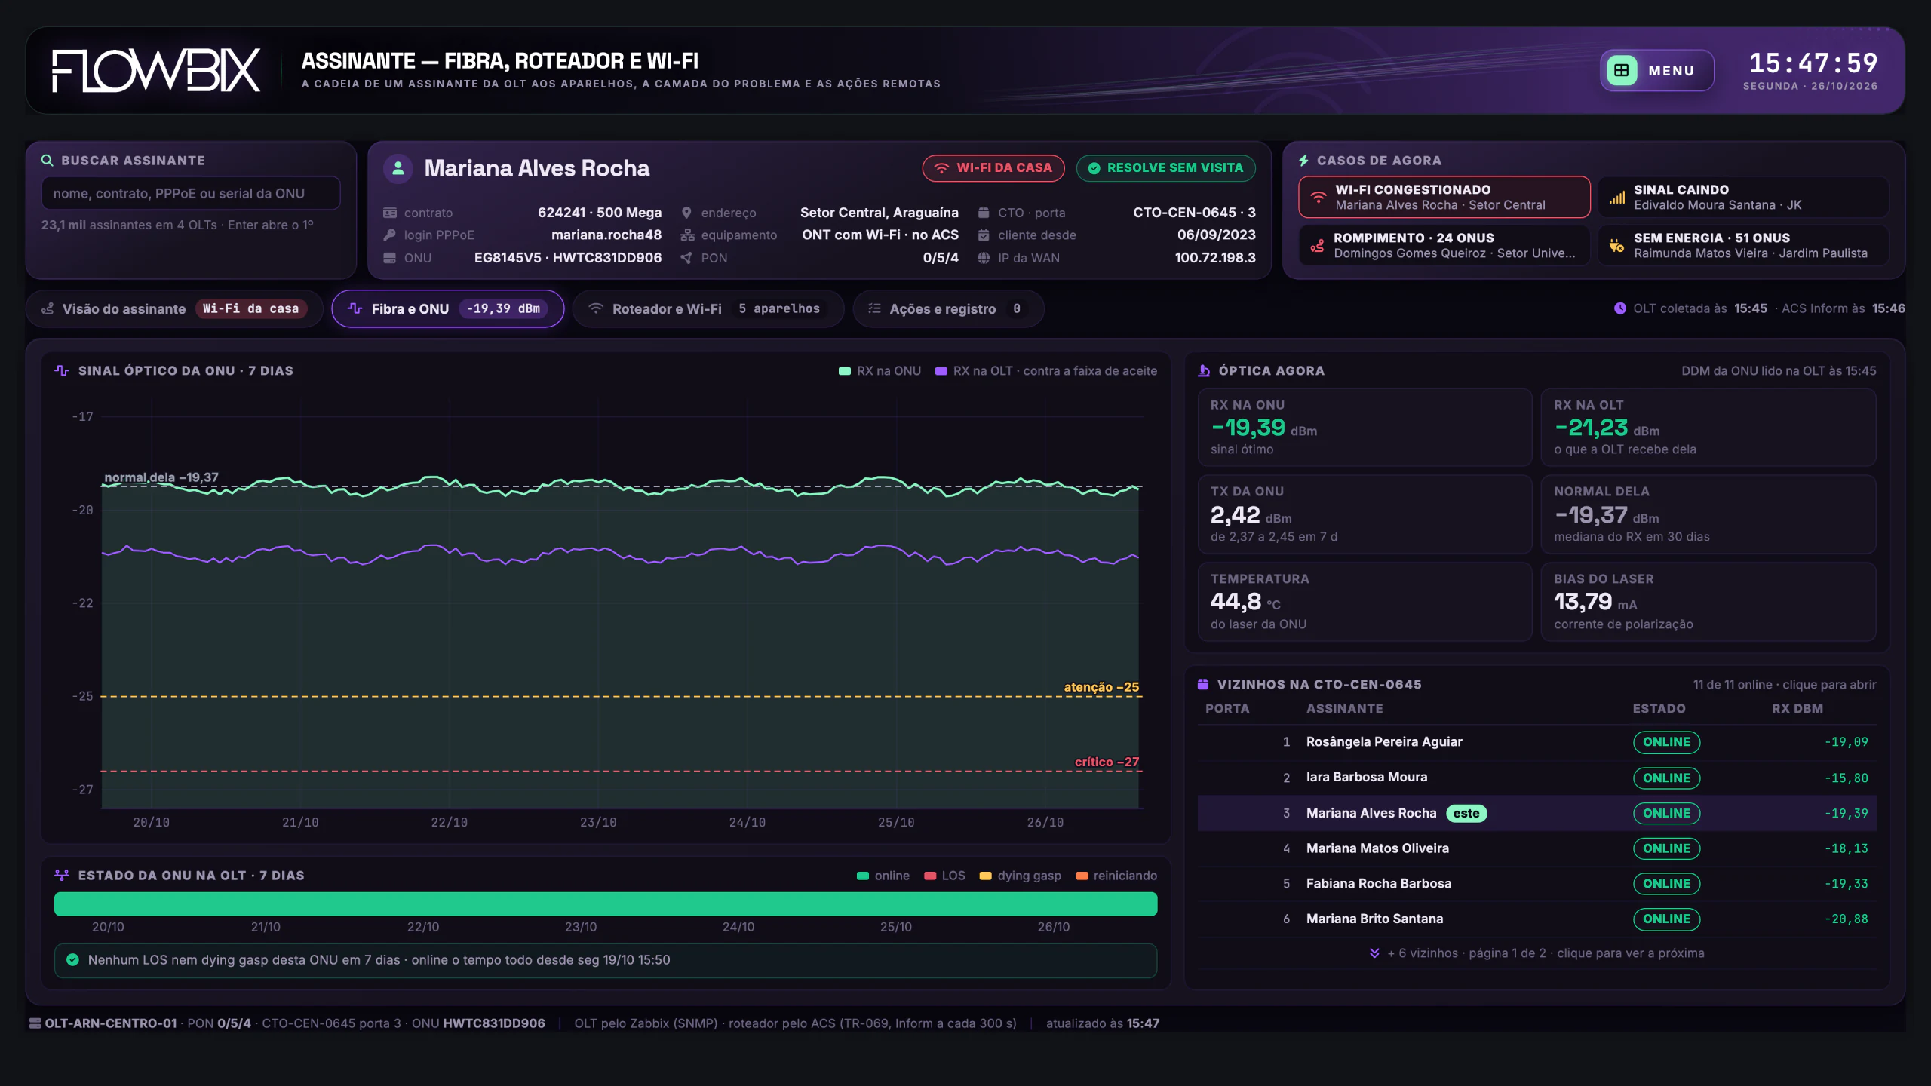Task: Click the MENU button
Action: pos(1656,70)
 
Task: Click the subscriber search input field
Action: pos(191,193)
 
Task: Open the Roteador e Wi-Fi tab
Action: pos(708,308)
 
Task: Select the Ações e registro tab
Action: pos(948,308)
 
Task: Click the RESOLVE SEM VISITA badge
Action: pos(1165,167)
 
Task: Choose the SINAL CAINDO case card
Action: pos(1743,197)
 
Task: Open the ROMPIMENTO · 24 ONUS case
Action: pos(1444,245)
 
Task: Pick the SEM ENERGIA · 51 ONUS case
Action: pos(1743,245)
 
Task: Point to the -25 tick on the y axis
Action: pos(83,695)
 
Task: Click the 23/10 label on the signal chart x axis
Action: pos(598,822)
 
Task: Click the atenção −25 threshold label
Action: pos(1101,686)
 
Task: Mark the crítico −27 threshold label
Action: pos(1107,762)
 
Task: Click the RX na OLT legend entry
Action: pos(1045,370)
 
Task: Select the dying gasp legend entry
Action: pos(1020,876)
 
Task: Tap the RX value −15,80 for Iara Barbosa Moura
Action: pos(1847,778)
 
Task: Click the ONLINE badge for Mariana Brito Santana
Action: pos(1666,919)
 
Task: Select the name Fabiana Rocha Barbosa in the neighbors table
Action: pos(1379,883)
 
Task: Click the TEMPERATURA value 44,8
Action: pos(1236,601)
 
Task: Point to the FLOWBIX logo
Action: pos(156,70)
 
